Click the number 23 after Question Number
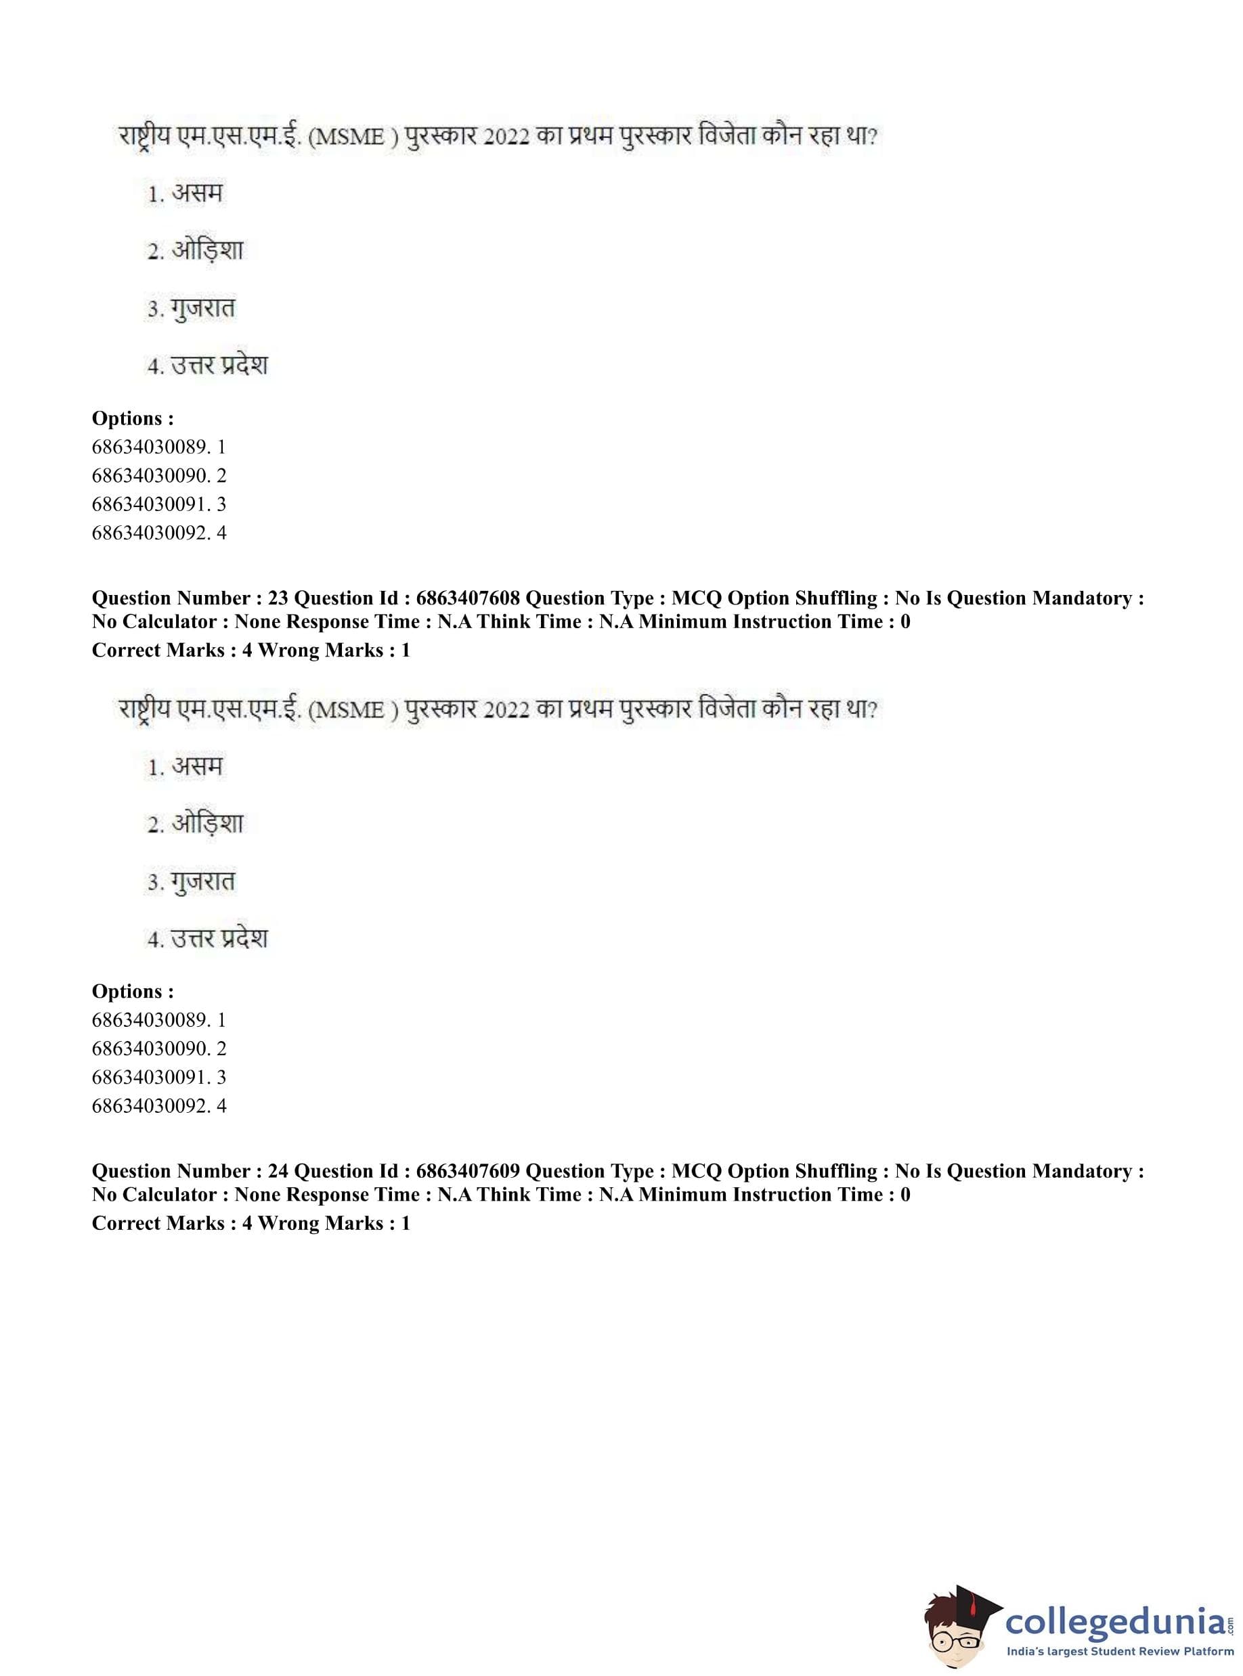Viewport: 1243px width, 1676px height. point(278,598)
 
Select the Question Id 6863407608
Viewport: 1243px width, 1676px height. point(467,598)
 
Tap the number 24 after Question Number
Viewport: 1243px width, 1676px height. point(278,1171)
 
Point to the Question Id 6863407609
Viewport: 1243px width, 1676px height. point(467,1171)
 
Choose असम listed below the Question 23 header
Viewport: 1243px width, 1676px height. point(197,766)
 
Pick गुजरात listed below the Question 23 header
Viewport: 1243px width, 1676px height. point(202,881)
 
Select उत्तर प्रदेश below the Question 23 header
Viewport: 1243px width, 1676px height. point(219,939)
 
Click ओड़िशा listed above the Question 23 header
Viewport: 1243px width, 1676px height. point(207,250)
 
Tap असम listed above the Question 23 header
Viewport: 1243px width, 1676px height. point(197,194)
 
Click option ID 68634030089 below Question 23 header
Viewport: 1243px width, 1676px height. point(149,1020)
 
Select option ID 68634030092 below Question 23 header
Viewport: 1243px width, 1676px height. point(149,1106)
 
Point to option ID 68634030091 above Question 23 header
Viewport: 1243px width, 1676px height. point(149,504)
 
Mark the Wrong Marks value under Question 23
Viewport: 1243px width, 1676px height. point(406,650)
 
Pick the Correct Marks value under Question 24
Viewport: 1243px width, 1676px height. point(247,1223)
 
